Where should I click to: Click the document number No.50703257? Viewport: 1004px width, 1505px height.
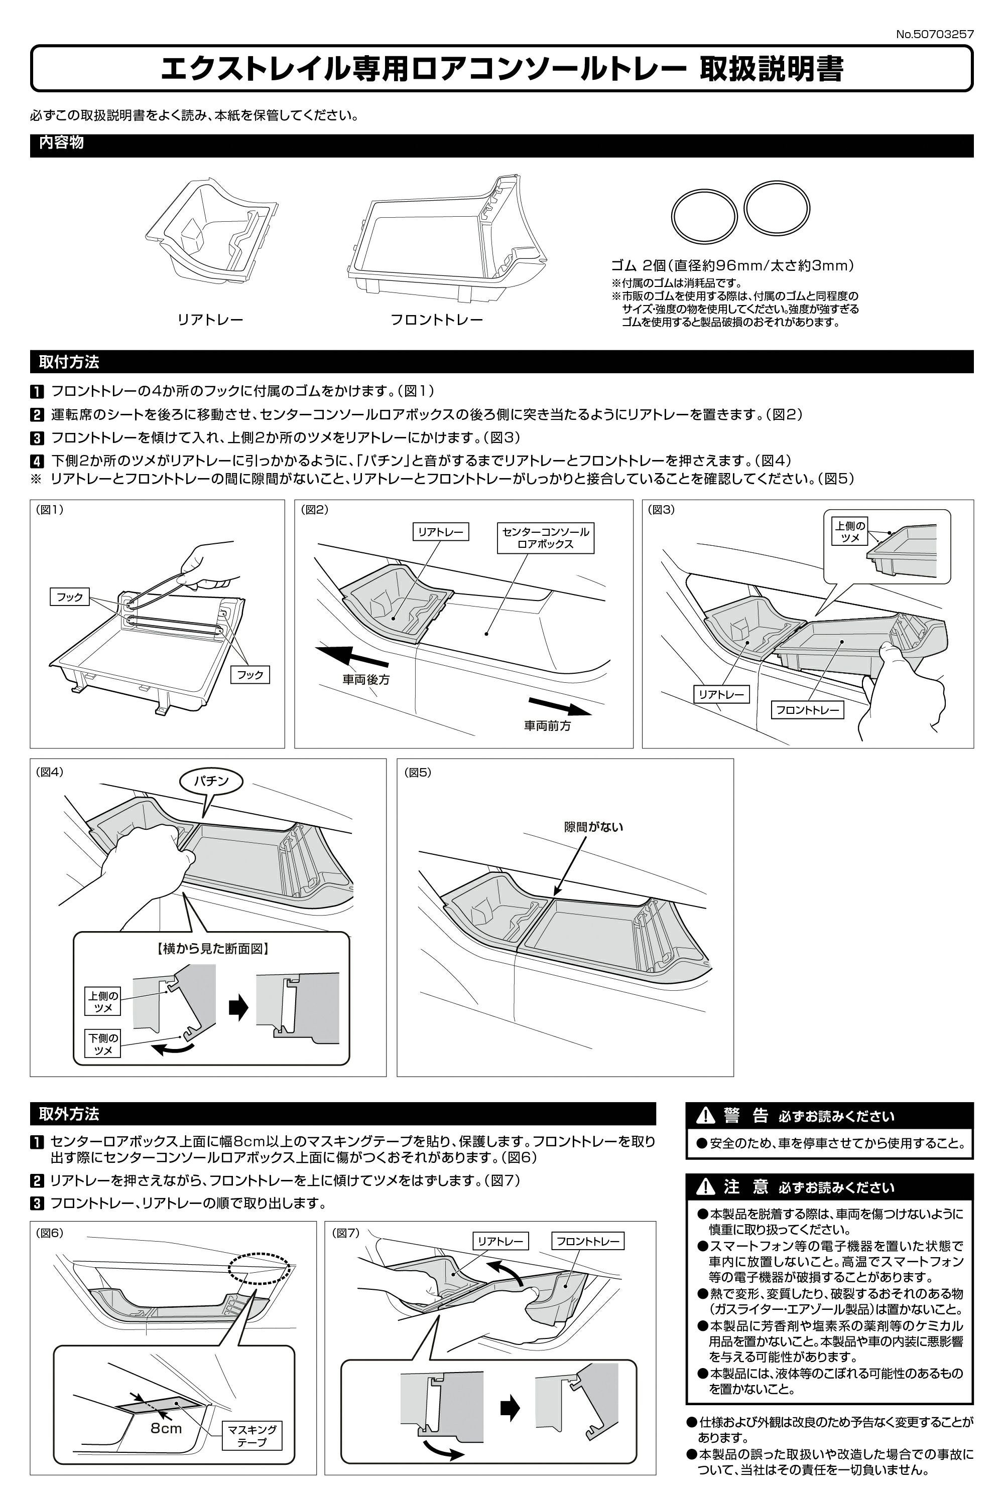[x=934, y=35]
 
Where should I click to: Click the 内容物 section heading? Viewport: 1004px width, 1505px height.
[x=61, y=142]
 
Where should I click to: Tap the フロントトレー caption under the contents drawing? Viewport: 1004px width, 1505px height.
[x=437, y=319]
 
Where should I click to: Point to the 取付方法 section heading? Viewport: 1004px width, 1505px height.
[x=68, y=362]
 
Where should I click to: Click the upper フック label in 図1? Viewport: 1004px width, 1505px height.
[x=70, y=597]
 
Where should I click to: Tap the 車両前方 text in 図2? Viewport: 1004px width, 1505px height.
[x=548, y=725]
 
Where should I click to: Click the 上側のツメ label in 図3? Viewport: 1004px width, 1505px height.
[x=850, y=532]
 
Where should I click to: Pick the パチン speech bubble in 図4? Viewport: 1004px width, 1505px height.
[x=211, y=781]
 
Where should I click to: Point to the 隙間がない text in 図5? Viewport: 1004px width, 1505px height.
[x=593, y=827]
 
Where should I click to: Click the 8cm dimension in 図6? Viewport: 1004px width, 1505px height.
[x=166, y=1428]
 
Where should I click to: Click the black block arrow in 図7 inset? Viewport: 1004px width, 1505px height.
[x=510, y=1408]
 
